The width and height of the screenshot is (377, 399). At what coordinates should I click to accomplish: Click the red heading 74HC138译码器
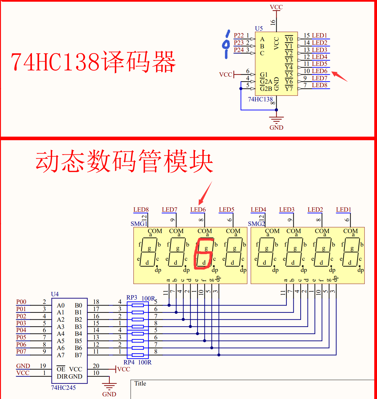pos(93,62)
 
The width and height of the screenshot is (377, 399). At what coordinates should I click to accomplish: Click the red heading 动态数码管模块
pos(124,161)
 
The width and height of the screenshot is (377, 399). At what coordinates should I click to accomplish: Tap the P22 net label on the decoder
pos(239,36)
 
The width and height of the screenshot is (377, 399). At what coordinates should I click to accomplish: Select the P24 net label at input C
pos(239,50)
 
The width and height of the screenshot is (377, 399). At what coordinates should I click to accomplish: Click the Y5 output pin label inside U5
pos(289,74)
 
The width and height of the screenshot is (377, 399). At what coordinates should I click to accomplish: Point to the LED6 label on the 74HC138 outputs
pos(319,71)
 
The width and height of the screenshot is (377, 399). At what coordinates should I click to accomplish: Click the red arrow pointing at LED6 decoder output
pos(339,76)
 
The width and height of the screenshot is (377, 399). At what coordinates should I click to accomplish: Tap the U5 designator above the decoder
pos(259,29)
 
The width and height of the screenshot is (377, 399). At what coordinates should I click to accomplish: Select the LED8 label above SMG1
pos(141,210)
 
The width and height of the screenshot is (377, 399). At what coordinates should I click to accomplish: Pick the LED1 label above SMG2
pos(343,210)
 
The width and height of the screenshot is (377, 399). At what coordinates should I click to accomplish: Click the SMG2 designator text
pos(256,224)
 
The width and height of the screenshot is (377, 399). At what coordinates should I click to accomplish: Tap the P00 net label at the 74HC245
pos(21,302)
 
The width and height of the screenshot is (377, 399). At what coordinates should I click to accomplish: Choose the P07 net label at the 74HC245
pos(21,352)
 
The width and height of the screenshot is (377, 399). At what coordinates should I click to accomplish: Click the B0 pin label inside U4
pos(78,306)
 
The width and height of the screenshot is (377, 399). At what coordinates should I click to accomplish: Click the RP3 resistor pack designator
pos(132,298)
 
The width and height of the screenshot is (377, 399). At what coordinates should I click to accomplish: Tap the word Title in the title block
pos(140,384)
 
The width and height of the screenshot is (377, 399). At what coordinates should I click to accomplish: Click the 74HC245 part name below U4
pos(63,388)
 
